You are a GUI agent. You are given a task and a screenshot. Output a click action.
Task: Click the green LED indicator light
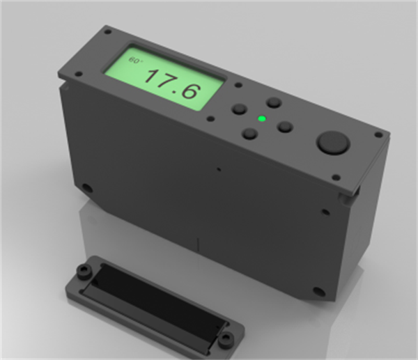click(262, 118)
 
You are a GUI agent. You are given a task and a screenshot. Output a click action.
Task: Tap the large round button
click(333, 143)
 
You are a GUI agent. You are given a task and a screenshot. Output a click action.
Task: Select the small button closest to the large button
click(285, 127)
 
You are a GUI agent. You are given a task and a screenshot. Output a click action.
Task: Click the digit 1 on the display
click(152, 76)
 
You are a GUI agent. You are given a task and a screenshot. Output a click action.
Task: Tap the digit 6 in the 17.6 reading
click(189, 91)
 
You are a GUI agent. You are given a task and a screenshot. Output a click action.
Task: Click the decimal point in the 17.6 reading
click(175, 93)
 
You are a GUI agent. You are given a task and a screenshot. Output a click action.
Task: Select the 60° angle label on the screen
click(135, 60)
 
